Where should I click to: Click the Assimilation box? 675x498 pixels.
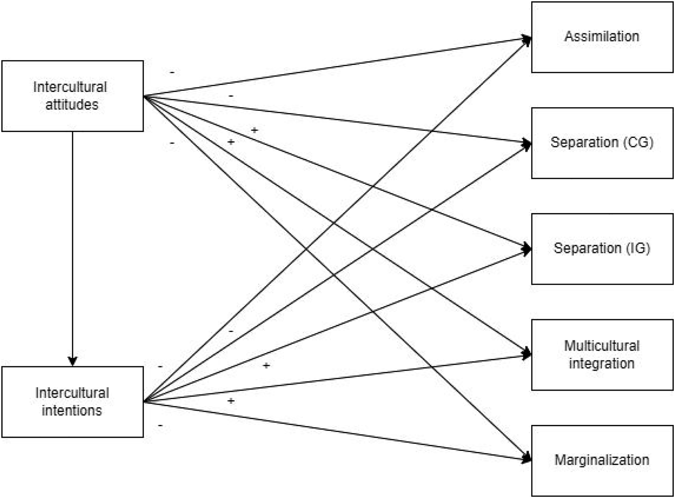[602, 37]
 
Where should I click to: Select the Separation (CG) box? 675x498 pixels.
[602, 143]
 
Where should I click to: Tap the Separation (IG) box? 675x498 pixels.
[602, 249]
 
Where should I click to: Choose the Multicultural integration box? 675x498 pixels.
[602, 355]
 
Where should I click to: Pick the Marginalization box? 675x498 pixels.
[602, 461]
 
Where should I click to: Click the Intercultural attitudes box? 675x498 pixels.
[72, 96]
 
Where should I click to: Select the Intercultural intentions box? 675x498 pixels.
[72, 402]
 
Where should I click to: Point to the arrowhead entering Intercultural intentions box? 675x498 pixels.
[72, 361]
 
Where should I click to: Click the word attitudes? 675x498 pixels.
[72, 105]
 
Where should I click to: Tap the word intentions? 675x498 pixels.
[72, 410]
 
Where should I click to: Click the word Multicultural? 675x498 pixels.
[602, 346]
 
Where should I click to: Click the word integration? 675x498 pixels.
[602, 363]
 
